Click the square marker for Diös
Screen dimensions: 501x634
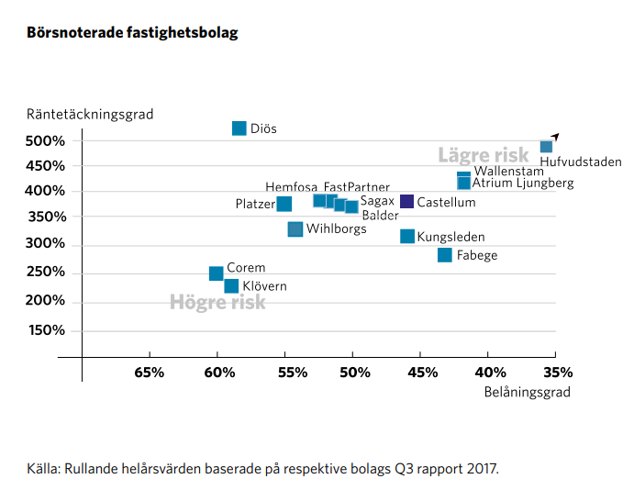pos(239,128)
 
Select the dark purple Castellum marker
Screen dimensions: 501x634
pos(407,202)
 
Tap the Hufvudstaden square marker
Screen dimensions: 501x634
pos(546,147)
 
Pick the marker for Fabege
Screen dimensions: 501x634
pos(445,255)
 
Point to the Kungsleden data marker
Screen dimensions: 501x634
pos(407,237)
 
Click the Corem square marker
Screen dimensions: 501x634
pos(217,273)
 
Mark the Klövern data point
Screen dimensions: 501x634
pos(231,286)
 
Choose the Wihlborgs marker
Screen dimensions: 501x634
pos(295,229)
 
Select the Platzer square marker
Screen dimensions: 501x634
pos(284,204)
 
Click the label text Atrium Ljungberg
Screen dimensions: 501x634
pos(523,184)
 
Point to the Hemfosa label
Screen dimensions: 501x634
pos(292,187)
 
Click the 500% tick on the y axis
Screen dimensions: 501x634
pos(46,140)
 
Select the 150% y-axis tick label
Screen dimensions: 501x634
pos(46,331)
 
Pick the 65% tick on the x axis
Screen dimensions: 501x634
pos(150,373)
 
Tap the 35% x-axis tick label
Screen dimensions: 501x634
pos(558,373)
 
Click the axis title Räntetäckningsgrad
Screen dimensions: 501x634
pos(90,115)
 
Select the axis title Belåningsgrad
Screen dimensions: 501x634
pos(527,392)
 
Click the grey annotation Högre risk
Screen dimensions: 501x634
pos(217,302)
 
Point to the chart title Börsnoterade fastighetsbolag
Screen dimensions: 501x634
pos(132,33)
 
